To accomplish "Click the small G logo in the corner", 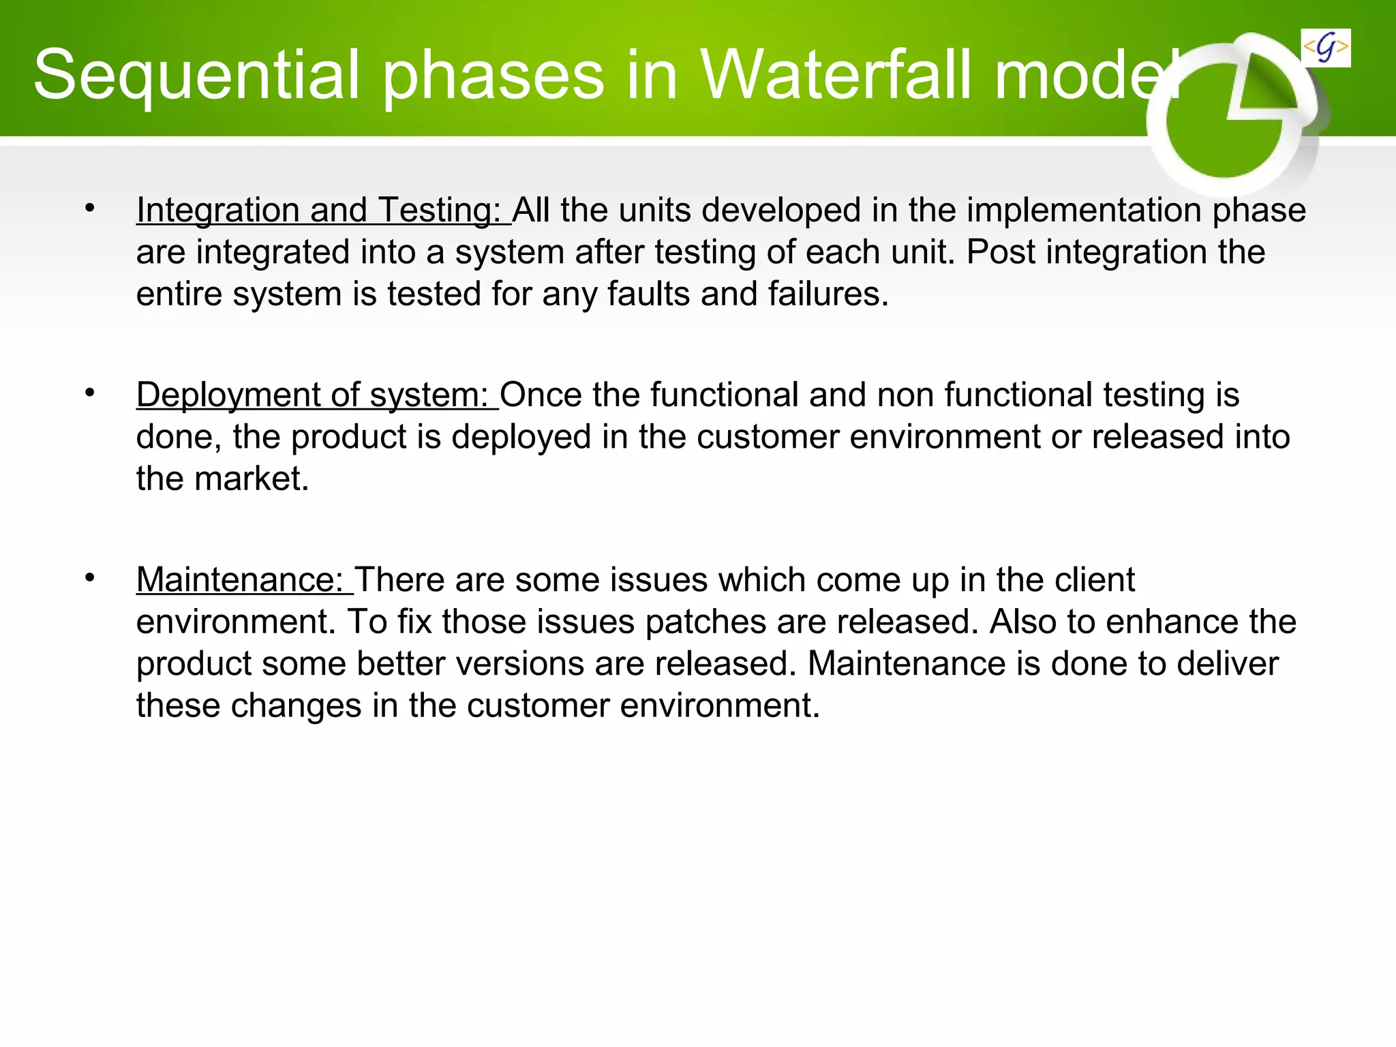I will (x=1325, y=48).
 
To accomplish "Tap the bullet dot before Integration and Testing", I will (x=90, y=208).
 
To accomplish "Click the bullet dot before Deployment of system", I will (x=90, y=393).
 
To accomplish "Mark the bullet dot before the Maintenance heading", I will (x=90, y=578).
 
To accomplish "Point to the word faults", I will (x=648, y=294).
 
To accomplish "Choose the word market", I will (x=252, y=479).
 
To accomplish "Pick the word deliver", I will (x=1227, y=664).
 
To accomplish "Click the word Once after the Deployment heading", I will (x=541, y=395).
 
